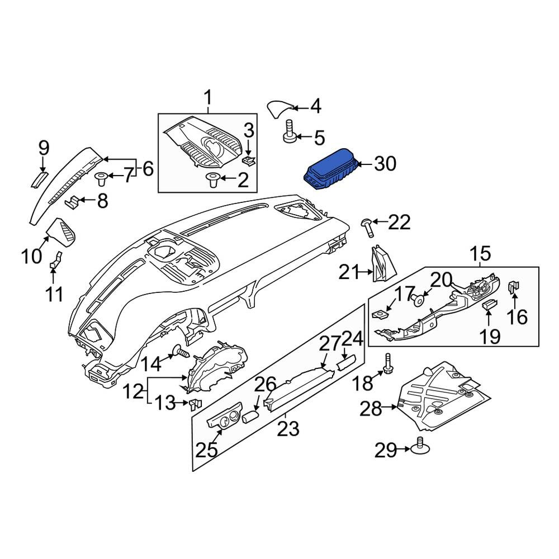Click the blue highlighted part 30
point(330,169)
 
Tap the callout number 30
point(385,164)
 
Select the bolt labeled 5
point(290,131)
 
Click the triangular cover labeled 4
point(280,109)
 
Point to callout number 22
point(399,222)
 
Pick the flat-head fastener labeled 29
point(420,446)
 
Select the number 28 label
point(371,409)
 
